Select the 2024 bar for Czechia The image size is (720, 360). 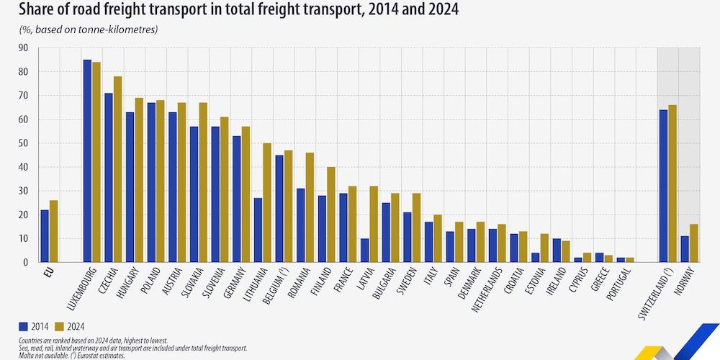[117, 169]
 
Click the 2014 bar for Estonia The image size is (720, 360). [535, 257]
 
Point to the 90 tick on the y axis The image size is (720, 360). [23, 48]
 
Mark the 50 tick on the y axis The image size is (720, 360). [23, 143]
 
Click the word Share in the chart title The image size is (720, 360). [28, 10]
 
